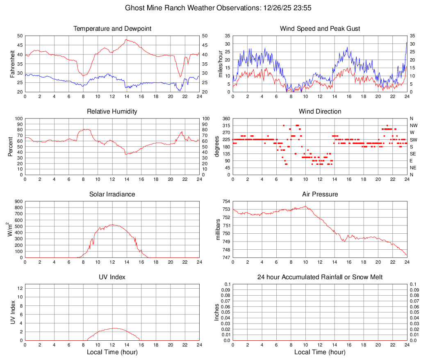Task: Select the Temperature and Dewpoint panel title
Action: (112, 29)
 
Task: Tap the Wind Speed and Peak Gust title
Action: (320, 29)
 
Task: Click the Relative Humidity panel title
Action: (112, 112)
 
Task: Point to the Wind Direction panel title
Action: (320, 112)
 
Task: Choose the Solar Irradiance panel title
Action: (112, 194)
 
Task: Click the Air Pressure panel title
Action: (320, 194)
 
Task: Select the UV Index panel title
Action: (112, 277)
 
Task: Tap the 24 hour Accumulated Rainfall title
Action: (320, 277)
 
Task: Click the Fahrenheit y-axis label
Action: (12, 64)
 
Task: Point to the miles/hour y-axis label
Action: (220, 64)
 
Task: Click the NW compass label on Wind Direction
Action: (413, 125)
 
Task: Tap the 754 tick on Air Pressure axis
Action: (226, 201)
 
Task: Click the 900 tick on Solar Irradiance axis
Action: (18, 201)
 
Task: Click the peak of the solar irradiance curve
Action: (112, 225)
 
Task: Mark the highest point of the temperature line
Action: (126, 39)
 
